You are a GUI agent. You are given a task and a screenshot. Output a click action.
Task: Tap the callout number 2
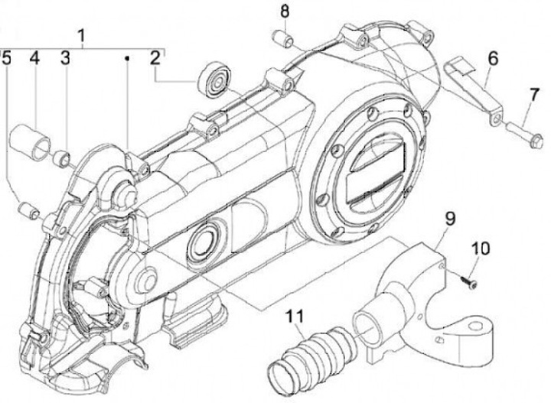click(155, 57)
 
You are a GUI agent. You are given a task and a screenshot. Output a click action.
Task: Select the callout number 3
click(65, 57)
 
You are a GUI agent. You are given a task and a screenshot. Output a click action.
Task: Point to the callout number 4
click(35, 57)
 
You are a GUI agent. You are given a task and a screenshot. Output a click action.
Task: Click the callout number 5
click(6, 57)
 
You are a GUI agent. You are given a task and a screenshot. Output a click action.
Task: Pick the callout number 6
click(492, 57)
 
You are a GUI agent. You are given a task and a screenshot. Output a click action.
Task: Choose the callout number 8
click(284, 11)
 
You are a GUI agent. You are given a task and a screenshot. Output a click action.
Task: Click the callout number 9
click(451, 219)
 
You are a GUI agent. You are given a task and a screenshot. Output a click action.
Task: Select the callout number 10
click(478, 249)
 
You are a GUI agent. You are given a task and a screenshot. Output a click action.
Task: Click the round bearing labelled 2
click(214, 79)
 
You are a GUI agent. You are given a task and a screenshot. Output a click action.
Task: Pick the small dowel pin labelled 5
click(28, 209)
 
